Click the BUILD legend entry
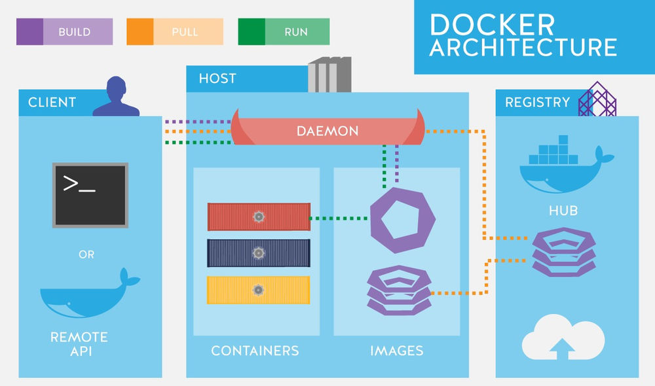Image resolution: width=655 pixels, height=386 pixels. (x=64, y=31)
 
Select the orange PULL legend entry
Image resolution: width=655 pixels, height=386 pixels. (x=174, y=31)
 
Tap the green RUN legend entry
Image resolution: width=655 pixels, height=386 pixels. (x=284, y=31)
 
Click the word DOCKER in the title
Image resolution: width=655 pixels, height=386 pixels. (x=491, y=25)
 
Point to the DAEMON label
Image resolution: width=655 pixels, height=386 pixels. (x=327, y=131)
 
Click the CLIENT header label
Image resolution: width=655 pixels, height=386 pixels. (x=52, y=103)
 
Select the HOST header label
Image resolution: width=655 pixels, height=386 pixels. (x=217, y=79)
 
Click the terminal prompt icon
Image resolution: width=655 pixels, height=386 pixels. (x=90, y=195)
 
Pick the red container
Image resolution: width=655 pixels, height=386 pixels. (x=259, y=217)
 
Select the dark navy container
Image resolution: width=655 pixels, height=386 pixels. (x=259, y=253)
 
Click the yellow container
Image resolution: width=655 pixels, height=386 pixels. (x=259, y=290)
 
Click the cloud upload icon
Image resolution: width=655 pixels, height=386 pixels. (x=563, y=337)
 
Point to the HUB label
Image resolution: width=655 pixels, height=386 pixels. (x=563, y=211)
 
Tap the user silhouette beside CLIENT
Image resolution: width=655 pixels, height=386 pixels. (x=116, y=97)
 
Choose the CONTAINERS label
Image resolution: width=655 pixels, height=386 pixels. (x=255, y=351)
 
